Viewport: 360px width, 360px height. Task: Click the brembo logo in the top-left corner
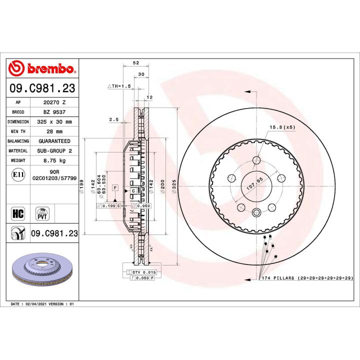coord(42,68)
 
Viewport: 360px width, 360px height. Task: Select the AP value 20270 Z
coord(54,101)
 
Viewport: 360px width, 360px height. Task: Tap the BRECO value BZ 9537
coord(54,111)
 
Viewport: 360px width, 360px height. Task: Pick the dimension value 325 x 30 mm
coord(54,121)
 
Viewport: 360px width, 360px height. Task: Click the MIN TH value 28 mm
coord(54,131)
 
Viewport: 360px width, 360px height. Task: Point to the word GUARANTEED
coord(54,141)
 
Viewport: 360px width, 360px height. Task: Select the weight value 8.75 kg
coord(54,161)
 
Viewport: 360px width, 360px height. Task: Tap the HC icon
coord(17,214)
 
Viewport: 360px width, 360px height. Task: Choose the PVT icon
coord(42,213)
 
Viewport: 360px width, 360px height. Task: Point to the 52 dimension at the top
coord(136,63)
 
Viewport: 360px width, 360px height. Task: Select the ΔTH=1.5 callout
coord(119,86)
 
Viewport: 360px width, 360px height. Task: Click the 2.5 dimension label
coord(113,119)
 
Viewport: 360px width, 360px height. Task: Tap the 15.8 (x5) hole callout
coord(282,127)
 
